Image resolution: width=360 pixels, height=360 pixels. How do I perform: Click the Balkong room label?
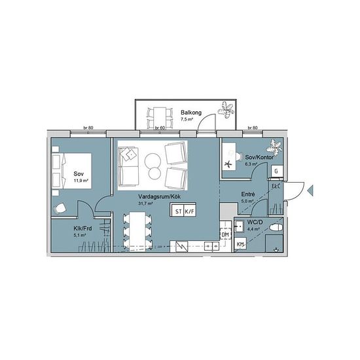tap(191, 113)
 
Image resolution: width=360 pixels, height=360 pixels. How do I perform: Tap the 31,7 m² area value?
tap(145, 203)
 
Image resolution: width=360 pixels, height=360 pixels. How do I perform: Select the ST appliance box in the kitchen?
tap(178, 211)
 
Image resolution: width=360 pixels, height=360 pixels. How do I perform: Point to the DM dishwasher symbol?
tap(225, 234)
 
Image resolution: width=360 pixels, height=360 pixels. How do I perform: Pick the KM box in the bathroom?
tap(240, 245)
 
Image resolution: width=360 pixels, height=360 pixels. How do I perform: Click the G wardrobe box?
tap(276, 171)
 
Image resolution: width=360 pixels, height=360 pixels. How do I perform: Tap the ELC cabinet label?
tap(276, 186)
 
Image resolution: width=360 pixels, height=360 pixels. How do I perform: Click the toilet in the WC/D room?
tap(276, 227)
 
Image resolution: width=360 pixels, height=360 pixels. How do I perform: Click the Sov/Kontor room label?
tap(259, 157)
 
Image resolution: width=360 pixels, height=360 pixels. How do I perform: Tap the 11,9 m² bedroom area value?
tap(81, 181)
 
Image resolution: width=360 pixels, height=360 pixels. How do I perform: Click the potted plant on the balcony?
tap(226, 110)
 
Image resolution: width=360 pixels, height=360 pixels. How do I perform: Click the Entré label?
tap(248, 194)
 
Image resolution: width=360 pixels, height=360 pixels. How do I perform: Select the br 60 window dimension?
tap(160, 128)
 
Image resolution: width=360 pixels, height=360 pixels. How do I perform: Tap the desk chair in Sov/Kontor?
tap(239, 157)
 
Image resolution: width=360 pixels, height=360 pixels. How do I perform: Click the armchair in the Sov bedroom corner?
tap(60, 208)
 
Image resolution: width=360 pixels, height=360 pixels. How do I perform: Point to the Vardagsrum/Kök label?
tap(159, 197)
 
